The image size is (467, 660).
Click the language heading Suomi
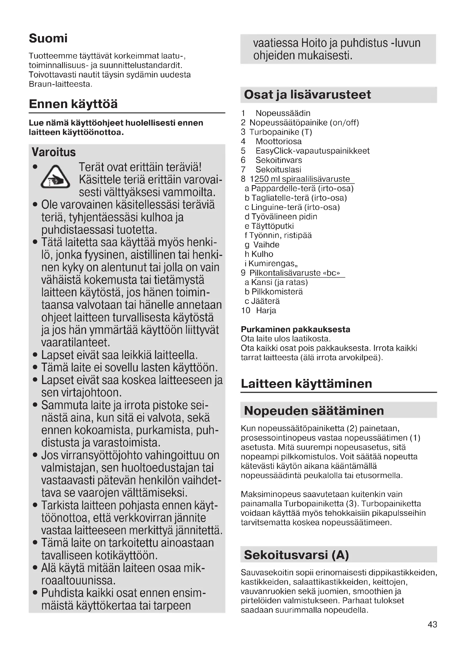pos(48,38)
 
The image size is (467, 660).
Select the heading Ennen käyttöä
pos(73,104)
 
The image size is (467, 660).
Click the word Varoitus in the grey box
pos(54,152)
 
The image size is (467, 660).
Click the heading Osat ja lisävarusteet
pos(307,95)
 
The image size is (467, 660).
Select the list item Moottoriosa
pos(278,141)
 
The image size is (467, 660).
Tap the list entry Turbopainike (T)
pos(280,132)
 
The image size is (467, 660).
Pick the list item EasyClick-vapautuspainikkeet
pos(312,151)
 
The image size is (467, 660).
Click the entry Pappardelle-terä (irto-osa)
pos(302,188)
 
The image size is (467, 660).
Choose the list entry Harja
pos(266,310)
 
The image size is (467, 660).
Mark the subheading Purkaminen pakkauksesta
pos(295,329)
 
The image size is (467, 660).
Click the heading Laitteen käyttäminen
pos(306,383)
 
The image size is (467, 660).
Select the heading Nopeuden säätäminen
pos(314,411)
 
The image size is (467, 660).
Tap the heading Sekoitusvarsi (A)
pos(296,555)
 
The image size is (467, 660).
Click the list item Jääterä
pos(265,301)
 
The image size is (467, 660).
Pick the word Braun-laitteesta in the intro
pos(60,84)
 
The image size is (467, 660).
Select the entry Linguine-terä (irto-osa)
pos(295,207)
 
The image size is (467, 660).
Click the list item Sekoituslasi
pos(278,170)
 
